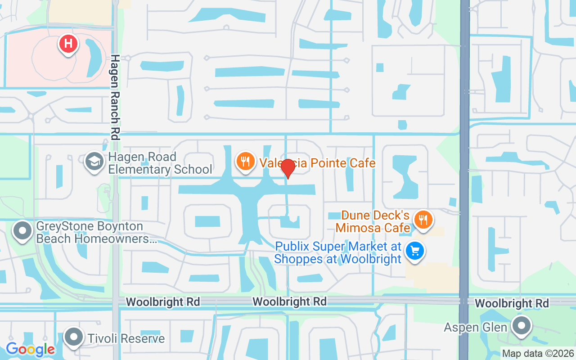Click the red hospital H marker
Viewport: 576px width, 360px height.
point(68,44)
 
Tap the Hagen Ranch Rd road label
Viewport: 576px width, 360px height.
point(116,97)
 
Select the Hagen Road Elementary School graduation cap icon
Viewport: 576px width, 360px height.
point(94,162)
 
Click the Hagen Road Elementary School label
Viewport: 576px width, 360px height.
point(160,163)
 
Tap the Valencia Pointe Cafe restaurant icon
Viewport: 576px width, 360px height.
point(245,161)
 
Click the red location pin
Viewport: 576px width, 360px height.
point(288,169)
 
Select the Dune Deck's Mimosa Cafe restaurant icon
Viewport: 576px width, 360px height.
point(423,220)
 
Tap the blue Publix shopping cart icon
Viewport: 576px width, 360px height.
point(415,251)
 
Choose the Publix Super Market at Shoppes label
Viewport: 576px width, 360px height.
point(337,253)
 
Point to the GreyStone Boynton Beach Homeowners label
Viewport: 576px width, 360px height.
point(96,232)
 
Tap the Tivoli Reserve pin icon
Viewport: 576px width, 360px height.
point(73,337)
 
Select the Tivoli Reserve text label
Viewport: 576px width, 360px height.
point(126,338)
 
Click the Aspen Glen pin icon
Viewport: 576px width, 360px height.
point(522,325)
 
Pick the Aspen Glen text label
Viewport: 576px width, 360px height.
point(476,327)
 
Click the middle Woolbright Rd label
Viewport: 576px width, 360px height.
point(289,301)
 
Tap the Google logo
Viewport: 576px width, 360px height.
point(30,349)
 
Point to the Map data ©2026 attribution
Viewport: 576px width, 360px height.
point(538,353)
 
